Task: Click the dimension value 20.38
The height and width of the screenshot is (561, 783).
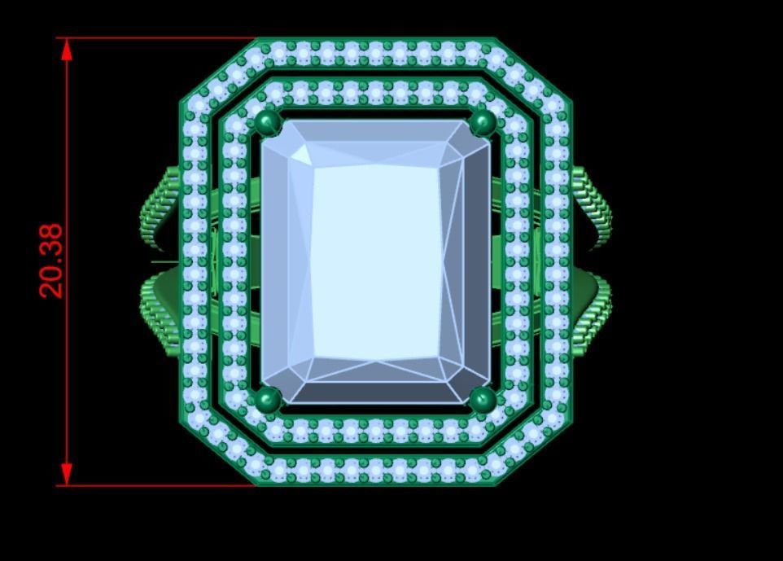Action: [x=50, y=261]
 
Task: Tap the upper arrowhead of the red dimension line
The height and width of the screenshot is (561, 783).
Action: [x=67, y=49]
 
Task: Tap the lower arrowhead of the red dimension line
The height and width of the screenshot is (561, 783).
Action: [x=67, y=475]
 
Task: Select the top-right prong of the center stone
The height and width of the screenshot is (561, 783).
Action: [x=483, y=124]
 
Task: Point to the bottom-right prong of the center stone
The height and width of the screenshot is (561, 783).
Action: [x=483, y=399]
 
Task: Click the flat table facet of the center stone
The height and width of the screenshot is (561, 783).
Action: [x=377, y=261]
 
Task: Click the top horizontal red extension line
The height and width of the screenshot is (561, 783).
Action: [x=155, y=37]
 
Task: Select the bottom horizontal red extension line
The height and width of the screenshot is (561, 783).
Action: [x=155, y=486]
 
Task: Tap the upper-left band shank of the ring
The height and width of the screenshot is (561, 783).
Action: [x=161, y=208]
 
